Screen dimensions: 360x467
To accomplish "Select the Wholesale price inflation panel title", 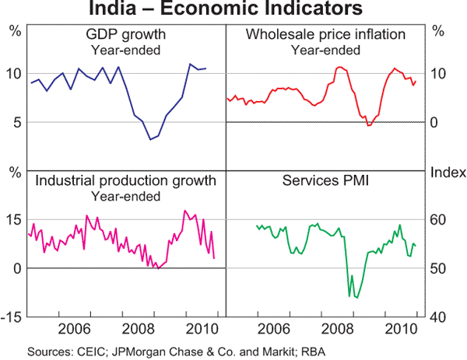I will pyautogui.click(x=325, y=36).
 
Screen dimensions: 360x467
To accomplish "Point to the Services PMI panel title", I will pyautogui.click(x=325, y=181).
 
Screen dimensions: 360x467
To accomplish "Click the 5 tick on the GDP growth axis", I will pyautogui.click(x=14, y=122).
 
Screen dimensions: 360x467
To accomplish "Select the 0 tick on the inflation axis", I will pyautogui.click(x=438, y=122).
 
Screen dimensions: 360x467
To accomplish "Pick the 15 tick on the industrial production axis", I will pyautogui.click(x=13, y=219).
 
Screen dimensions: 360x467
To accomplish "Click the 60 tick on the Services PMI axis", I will pyautogui.click(x=441, y=219).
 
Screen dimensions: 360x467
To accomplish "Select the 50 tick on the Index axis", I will pyautogui.click(x=441, y=268).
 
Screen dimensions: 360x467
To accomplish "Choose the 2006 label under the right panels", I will pyautogui.click(x=274, y=327).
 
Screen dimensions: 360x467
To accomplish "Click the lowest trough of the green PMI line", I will pyautogui.click(x=356, y=298).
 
